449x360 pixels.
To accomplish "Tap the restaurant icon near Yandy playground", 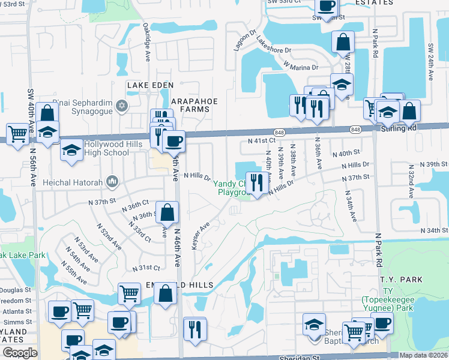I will [x=258, y=182].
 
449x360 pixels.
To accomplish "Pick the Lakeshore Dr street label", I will [x=273, y=46].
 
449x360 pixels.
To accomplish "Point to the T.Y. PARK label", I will [x=405, y=280].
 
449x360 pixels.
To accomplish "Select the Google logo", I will [x=20, y=353].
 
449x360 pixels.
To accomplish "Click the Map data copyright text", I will [x=423, y=355].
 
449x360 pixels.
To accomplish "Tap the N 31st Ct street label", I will [x=146, y=268].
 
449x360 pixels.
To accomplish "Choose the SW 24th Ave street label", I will [x=430, y=62].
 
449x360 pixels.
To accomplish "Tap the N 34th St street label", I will [x=434, y=230].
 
